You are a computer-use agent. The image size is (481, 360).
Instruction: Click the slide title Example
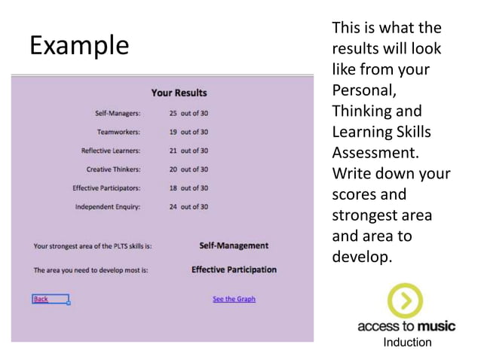[x=79, y=45]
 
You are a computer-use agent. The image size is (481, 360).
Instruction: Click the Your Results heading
[x=179, y=93]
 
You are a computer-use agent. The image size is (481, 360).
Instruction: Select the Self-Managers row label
[x=118, y=114]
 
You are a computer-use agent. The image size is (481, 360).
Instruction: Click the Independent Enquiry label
[x=108, y=206]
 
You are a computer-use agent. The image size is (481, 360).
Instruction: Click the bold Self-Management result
[x=234, y=246]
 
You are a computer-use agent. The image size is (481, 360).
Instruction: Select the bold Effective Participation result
[x=234, y=270]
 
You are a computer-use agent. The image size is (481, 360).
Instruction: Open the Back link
[x=41, y=299]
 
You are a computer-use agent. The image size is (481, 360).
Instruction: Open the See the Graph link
[x=234, y=299]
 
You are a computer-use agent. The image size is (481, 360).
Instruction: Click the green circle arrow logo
[x=405, y=301]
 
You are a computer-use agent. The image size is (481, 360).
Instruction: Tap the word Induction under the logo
[x=407, y=343]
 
